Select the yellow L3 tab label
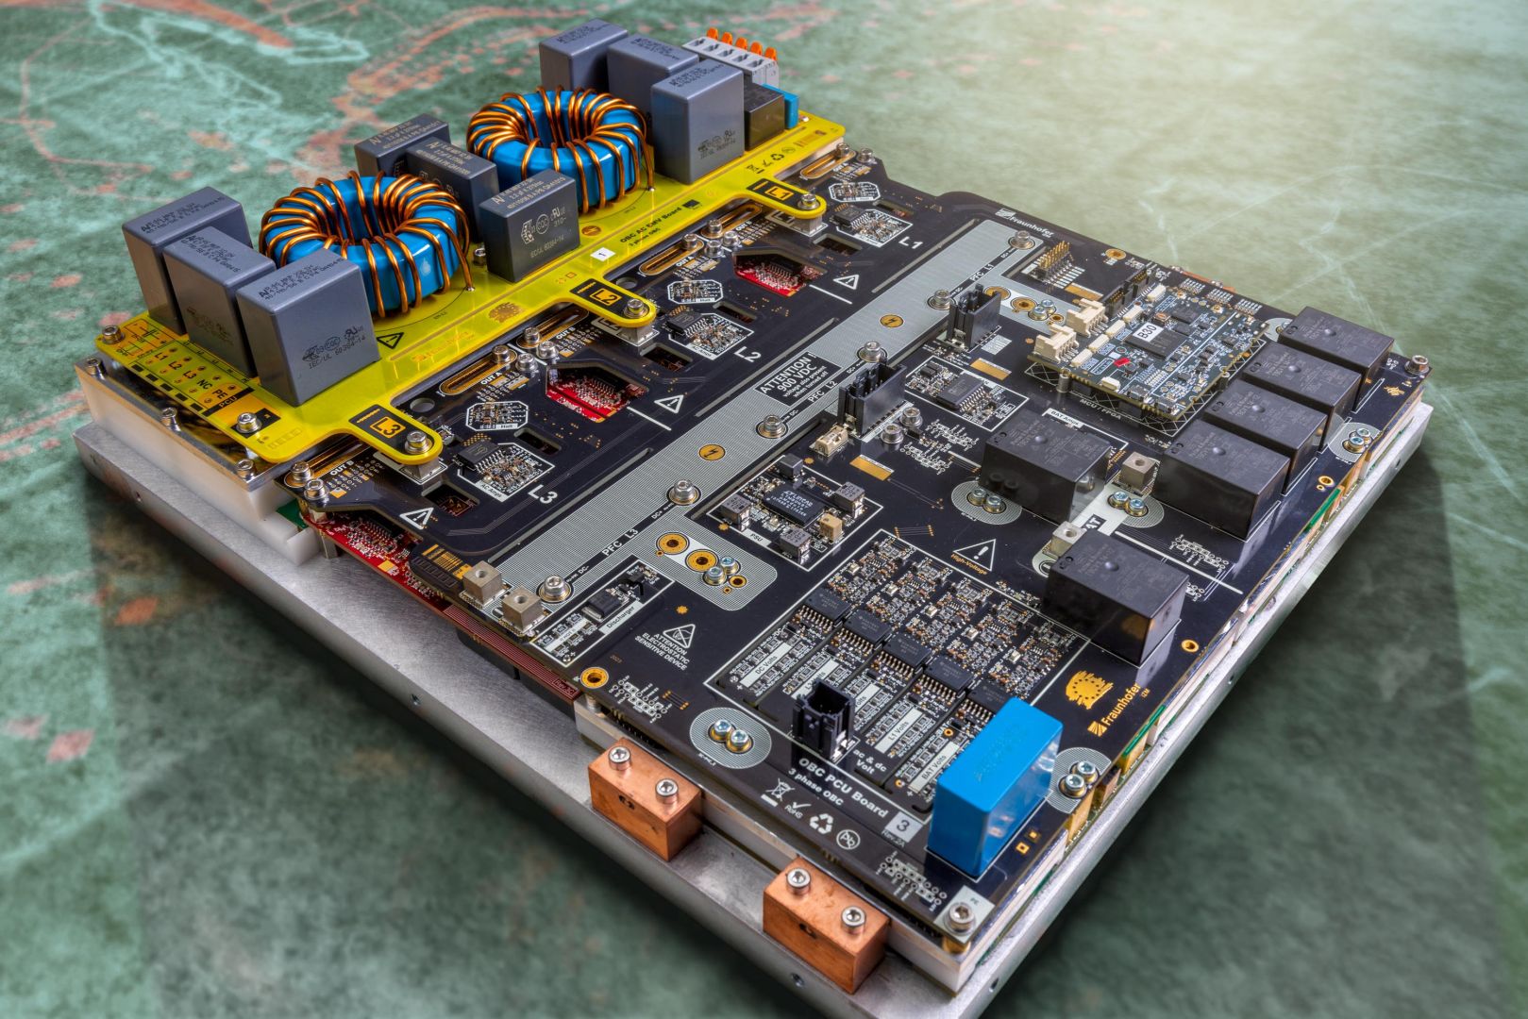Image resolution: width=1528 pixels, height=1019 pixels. (387, 426)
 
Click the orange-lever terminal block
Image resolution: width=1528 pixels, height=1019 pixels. (728, 48)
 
